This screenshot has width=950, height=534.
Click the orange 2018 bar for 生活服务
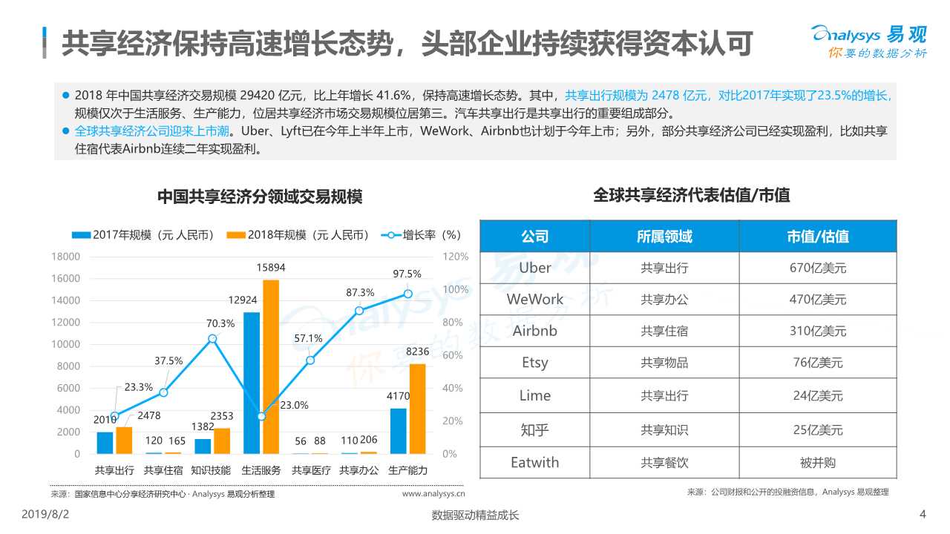pos(271,366)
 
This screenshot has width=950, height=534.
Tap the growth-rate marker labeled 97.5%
pos(407,294)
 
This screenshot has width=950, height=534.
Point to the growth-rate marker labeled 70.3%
pos(212,338)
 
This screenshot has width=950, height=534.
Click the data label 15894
pos(271,268)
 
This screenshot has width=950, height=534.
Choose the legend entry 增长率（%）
pos(422,235)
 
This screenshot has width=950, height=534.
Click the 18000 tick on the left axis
pos(65,257)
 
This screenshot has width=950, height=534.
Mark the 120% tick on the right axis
pos(456,257)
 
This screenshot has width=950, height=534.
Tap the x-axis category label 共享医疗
pos(310,470)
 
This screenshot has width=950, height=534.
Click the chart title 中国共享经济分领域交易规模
pos(260,197)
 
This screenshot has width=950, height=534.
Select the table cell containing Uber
pos(534,268)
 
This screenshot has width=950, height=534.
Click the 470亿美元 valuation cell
pos(817,300)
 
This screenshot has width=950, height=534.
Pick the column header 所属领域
pos(664,237)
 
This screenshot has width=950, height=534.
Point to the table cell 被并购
pos(817,462)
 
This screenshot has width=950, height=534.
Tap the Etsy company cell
pos(534,363)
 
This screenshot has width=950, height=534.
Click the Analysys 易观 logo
pos(868,41)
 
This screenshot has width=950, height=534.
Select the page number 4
pos(923,515)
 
